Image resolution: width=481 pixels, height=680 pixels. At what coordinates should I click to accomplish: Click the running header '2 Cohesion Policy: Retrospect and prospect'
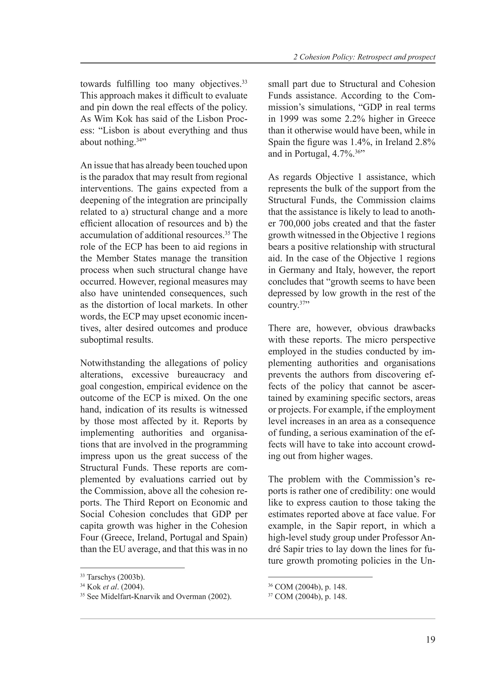[364, 57]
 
